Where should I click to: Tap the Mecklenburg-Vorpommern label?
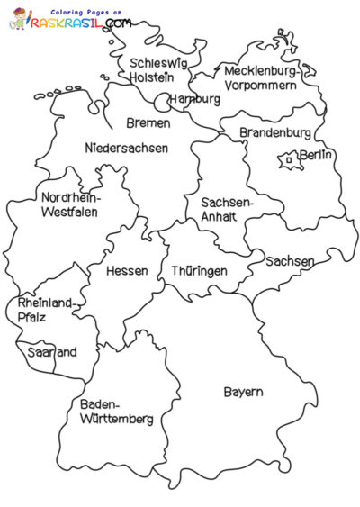(260, 77)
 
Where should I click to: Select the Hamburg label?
(195, 98)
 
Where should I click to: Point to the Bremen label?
(148, 122)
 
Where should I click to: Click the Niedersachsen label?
(126, 148)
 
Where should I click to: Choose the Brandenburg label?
(275, 133)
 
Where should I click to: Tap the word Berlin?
(316, 155)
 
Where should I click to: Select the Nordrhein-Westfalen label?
(70, 204)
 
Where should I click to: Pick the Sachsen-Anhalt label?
(227, 209)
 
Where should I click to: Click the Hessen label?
(127, 270)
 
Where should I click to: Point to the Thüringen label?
(199, 270)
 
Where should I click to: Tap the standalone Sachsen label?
(290, 261)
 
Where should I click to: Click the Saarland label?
(52, 351)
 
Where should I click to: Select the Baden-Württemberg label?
(116, 412)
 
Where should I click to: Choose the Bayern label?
(243, 392)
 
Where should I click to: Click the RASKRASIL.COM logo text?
(81, 22)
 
